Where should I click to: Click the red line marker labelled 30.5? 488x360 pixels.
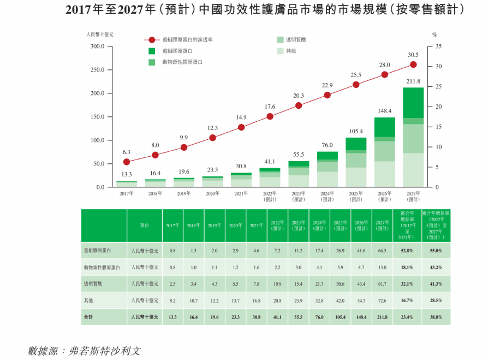[413, 64]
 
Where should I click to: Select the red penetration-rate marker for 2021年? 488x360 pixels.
[241, 127]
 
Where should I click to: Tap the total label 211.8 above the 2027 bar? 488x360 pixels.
[413, 81]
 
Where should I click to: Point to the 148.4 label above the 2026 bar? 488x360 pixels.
[384, 111]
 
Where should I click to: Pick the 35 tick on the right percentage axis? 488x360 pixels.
[439, 46]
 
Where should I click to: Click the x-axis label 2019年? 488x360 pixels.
[183, 193]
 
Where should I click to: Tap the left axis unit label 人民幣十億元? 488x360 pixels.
[99, 34]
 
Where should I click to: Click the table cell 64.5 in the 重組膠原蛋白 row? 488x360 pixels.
[382, 251]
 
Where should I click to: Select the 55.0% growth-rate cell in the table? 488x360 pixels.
[436, 251]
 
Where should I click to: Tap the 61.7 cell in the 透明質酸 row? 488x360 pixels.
[382, 284]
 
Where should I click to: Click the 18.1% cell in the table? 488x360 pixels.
[407, 268]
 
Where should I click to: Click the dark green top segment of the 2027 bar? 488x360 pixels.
[413, 103]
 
